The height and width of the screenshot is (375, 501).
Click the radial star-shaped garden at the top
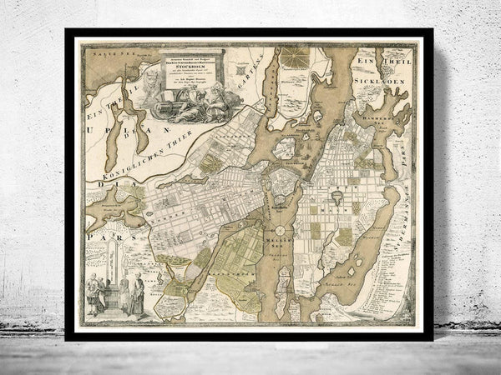(294, 57)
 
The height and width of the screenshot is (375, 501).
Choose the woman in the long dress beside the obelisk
(134, 297)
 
